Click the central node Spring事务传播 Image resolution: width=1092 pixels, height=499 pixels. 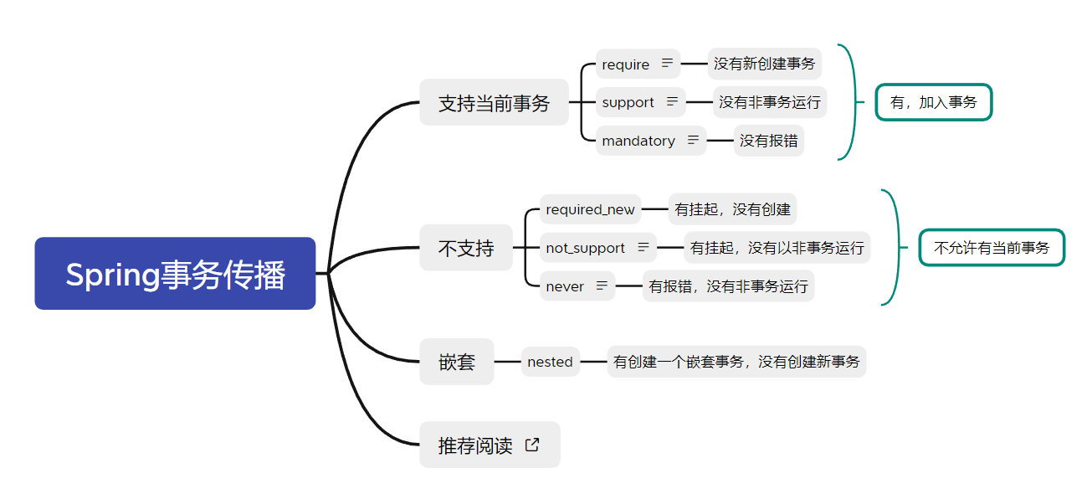coord(175,274)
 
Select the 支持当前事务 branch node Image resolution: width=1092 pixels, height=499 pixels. coord(494,103)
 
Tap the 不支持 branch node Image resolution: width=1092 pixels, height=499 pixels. coord(466,248)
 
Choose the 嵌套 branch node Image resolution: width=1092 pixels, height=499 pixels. coord(456,362)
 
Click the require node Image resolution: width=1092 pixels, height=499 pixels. coord(626,64)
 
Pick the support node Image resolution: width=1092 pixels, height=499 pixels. coord(628,102)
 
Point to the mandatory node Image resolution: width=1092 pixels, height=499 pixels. coord(638,141)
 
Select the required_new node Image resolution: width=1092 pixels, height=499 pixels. coord(590,209)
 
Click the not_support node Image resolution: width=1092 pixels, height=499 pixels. coord(586,248)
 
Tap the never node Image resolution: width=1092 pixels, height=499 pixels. coord(565,286)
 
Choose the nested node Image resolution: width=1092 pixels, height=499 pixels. coord(550,362)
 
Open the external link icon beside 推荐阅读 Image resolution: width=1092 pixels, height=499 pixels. coord(532,445)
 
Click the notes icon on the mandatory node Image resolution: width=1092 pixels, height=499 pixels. coord(693,140)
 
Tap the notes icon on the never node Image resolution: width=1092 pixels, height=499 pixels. coord(602,286)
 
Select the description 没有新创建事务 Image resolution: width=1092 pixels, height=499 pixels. coord(764,64)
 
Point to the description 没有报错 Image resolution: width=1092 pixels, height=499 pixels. coord(768,141)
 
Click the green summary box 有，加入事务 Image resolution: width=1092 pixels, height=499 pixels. coord(933,102)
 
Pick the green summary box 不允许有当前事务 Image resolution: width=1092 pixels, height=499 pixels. coord(992,248)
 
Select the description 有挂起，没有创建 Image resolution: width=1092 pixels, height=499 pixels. coord(733,209)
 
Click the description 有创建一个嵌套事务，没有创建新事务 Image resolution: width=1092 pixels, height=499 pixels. coord(736,362)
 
